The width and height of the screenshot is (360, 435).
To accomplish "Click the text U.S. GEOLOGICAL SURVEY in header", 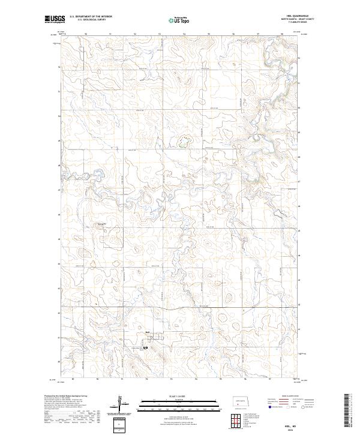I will pos(88,20).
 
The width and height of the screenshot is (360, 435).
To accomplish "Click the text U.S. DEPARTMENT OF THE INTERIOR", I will pos(91,17).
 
